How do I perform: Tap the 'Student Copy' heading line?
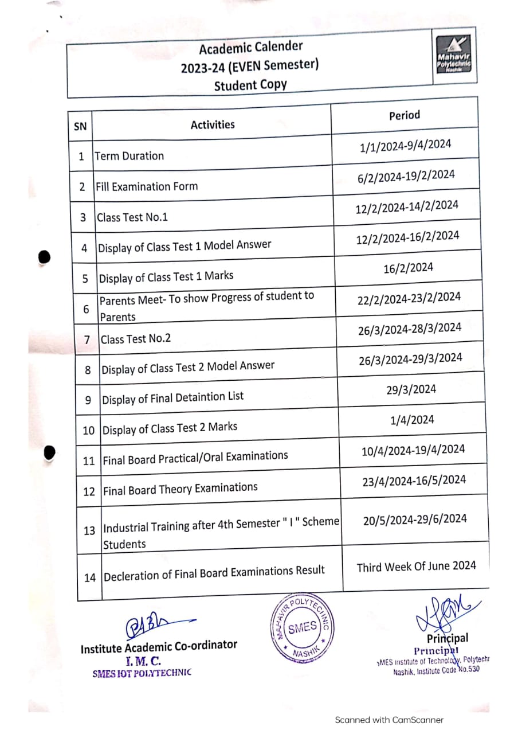250,85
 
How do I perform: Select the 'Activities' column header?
213,124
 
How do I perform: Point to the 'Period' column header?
405,115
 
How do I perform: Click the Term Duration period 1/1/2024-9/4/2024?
406,146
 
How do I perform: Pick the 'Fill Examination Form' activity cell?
147,186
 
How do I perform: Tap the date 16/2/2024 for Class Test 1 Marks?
408,267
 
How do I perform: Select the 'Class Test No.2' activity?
136,338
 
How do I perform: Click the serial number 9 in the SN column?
88,400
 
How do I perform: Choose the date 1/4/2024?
412,420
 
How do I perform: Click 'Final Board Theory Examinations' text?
180,489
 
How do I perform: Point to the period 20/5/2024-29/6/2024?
415,520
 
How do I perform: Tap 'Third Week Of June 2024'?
416,567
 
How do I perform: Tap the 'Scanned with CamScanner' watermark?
389,720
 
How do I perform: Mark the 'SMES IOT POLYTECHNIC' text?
142,673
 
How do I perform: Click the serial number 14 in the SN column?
90,577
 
